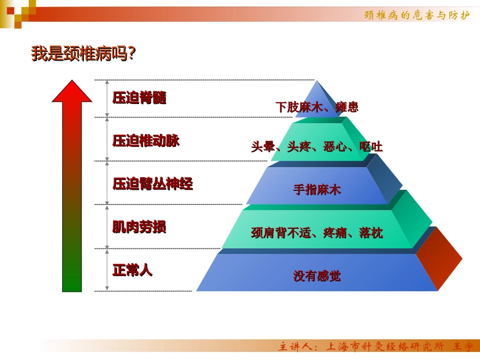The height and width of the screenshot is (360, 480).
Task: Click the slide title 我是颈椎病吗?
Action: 83,54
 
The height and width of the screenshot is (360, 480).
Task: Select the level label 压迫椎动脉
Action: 146,141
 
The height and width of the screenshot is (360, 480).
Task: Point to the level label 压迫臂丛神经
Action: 153,184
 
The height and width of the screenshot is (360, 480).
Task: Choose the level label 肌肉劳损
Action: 139,227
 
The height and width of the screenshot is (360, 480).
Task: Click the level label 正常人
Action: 132,270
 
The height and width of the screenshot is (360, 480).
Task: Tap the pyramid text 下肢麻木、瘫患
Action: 317,107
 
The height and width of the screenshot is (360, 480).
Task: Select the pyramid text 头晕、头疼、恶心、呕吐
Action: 317,147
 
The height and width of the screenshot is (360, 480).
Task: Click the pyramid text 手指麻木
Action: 317,190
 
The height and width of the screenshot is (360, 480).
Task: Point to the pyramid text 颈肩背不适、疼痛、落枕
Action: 317,233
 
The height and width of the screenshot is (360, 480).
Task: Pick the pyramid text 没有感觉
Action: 317,276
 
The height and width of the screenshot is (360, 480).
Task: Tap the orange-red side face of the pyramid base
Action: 438,259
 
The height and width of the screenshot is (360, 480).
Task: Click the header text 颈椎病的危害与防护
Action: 417,15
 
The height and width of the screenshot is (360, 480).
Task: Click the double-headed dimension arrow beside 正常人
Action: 107,270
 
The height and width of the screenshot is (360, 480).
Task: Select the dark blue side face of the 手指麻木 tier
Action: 385,180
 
